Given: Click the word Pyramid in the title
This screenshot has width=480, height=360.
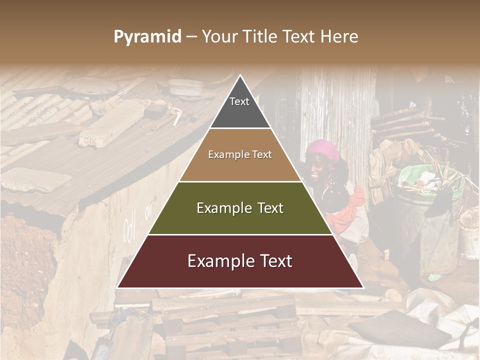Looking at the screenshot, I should (x=147, y=37).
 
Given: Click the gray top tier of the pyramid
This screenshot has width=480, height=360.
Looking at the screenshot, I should (x=240, y=107).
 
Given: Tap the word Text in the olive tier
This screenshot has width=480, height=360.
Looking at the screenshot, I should (x=267, y=208).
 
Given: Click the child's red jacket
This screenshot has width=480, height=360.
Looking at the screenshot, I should (x=350, y=210).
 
